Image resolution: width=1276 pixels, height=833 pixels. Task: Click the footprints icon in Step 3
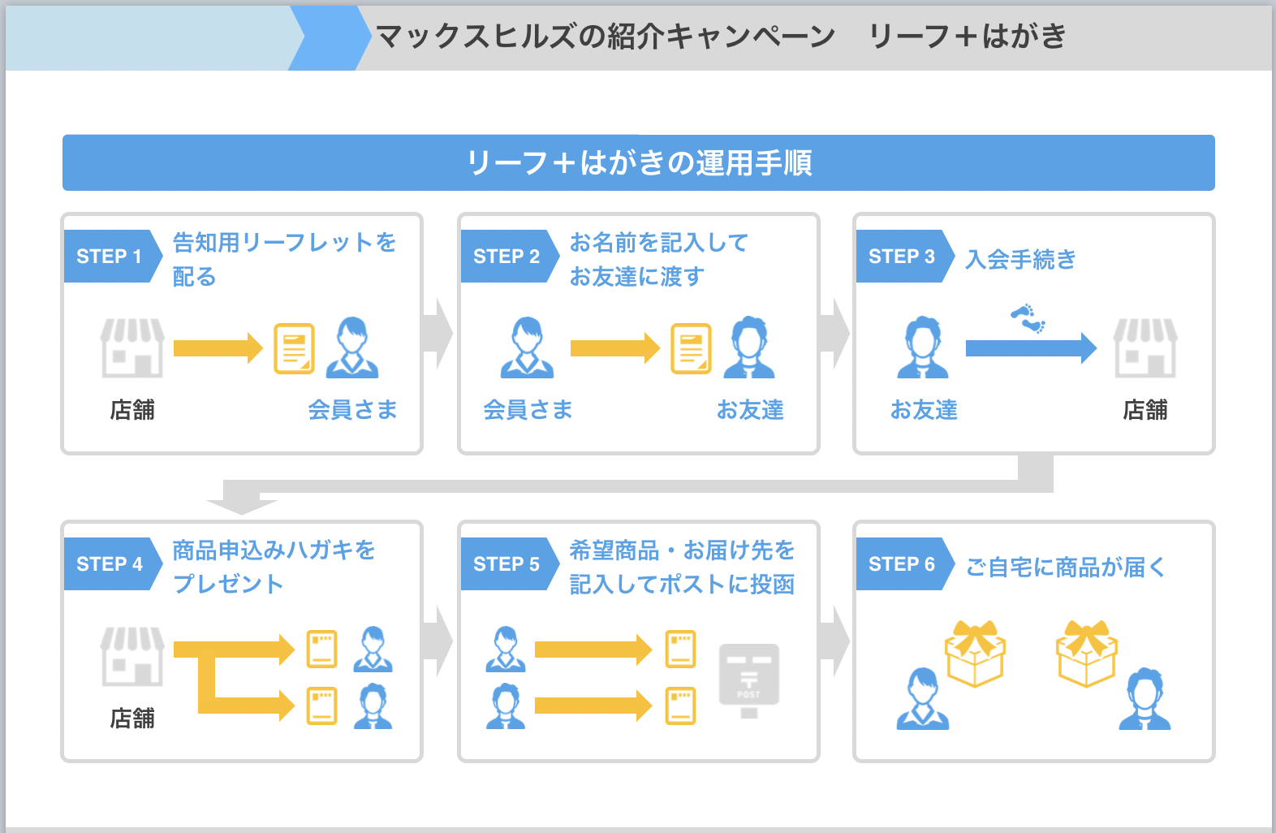1028,318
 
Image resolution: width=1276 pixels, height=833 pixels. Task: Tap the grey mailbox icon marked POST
749,680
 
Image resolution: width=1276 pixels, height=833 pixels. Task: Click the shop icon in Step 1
132,347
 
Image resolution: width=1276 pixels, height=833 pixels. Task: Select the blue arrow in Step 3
1031,347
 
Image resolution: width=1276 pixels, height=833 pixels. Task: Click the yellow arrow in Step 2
615,347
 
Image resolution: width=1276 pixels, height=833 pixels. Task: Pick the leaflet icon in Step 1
294,348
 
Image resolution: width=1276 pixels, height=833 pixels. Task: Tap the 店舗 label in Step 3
1145,410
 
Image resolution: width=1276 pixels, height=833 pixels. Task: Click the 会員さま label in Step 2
528,410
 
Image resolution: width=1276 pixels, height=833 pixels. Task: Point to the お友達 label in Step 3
924,410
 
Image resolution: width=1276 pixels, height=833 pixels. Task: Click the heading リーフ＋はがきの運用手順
639,163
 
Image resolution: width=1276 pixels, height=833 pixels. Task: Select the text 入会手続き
1020,260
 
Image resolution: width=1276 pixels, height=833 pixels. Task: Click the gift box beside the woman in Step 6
975,653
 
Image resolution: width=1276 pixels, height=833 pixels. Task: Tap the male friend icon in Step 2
749,347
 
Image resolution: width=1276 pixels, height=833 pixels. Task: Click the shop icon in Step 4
132,656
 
